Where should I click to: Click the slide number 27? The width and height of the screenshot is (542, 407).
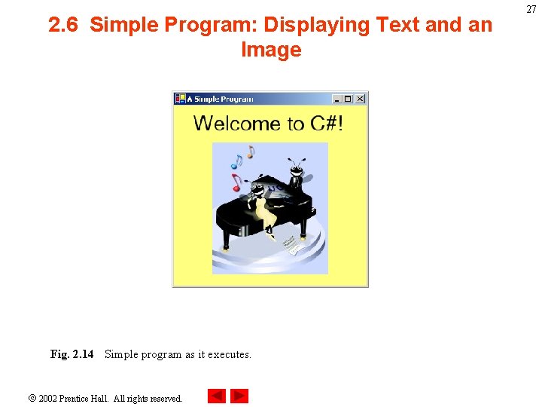tap(531, 9)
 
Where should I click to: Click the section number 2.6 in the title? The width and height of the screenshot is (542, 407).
tap(65, 26)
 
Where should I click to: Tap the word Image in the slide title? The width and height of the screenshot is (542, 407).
tap(271, 50)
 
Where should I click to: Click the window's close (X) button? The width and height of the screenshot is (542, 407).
tap(360, 99)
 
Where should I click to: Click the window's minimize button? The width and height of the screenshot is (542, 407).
tap(337, 99)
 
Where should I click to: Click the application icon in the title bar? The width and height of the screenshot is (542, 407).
tap(180, 99)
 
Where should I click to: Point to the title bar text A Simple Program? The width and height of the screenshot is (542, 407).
tap(220, 99)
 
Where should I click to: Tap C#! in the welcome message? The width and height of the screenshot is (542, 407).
tap(327, 124)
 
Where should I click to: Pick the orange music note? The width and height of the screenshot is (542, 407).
tap(251, 151)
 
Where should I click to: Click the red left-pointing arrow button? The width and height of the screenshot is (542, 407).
tap(217, 396)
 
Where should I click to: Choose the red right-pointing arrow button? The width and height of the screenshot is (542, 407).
tap(239, 396)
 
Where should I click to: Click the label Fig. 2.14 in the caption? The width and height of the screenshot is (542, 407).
tap(72, 354)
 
